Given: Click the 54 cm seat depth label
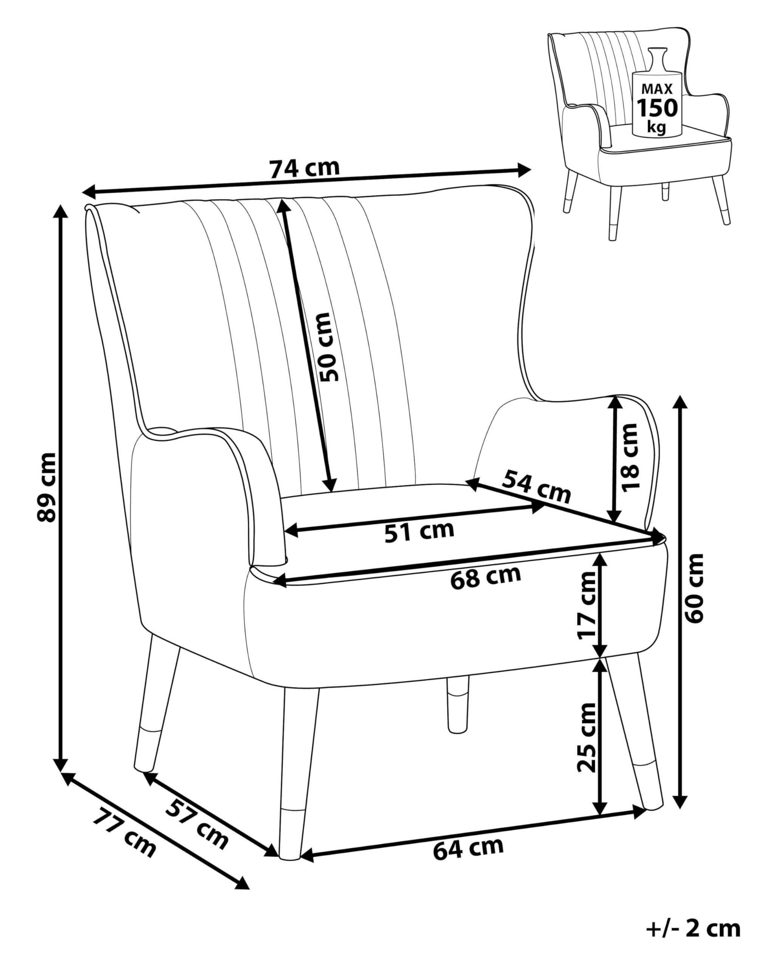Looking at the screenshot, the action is point(536,486).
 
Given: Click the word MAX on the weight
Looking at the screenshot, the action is point(657,89).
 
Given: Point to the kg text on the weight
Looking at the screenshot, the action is point(656,127).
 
